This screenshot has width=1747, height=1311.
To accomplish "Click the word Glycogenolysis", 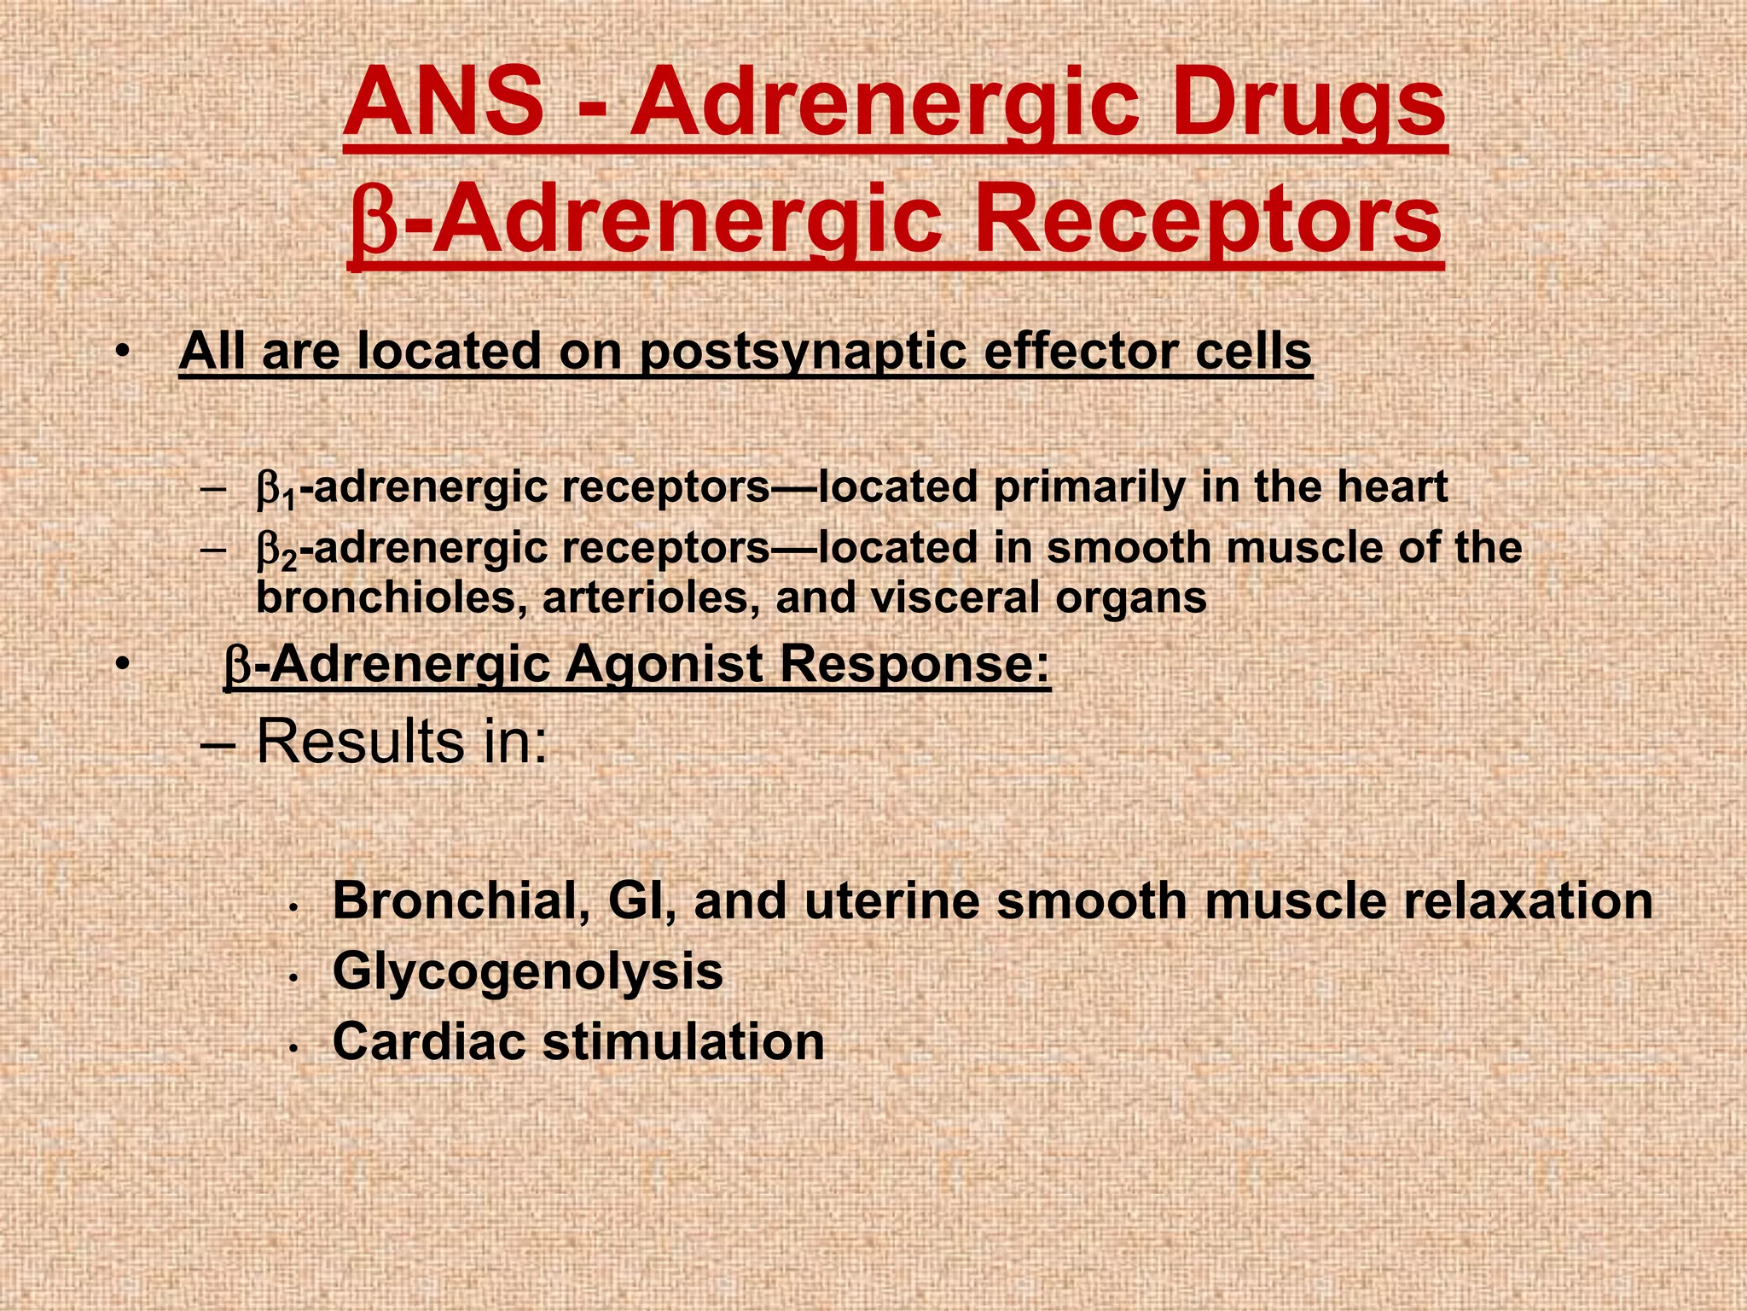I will point(528,971).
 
